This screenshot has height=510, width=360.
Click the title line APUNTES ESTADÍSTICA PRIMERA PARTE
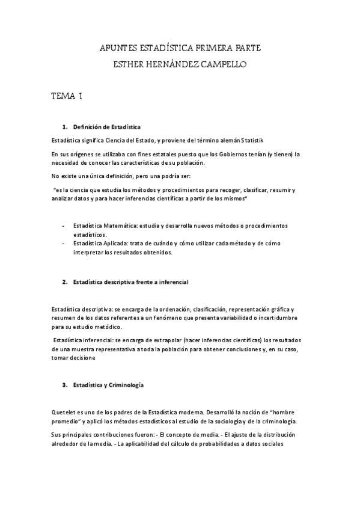[x=180, y=48]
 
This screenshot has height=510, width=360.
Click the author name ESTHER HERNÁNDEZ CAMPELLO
[x=180, y=63]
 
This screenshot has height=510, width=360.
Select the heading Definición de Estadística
[x=106, y=127]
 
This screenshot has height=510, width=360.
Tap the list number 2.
[x=64, y=282]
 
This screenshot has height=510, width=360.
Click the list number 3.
[x=64, y=384]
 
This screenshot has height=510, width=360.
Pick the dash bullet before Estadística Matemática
[x=64, y=226]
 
